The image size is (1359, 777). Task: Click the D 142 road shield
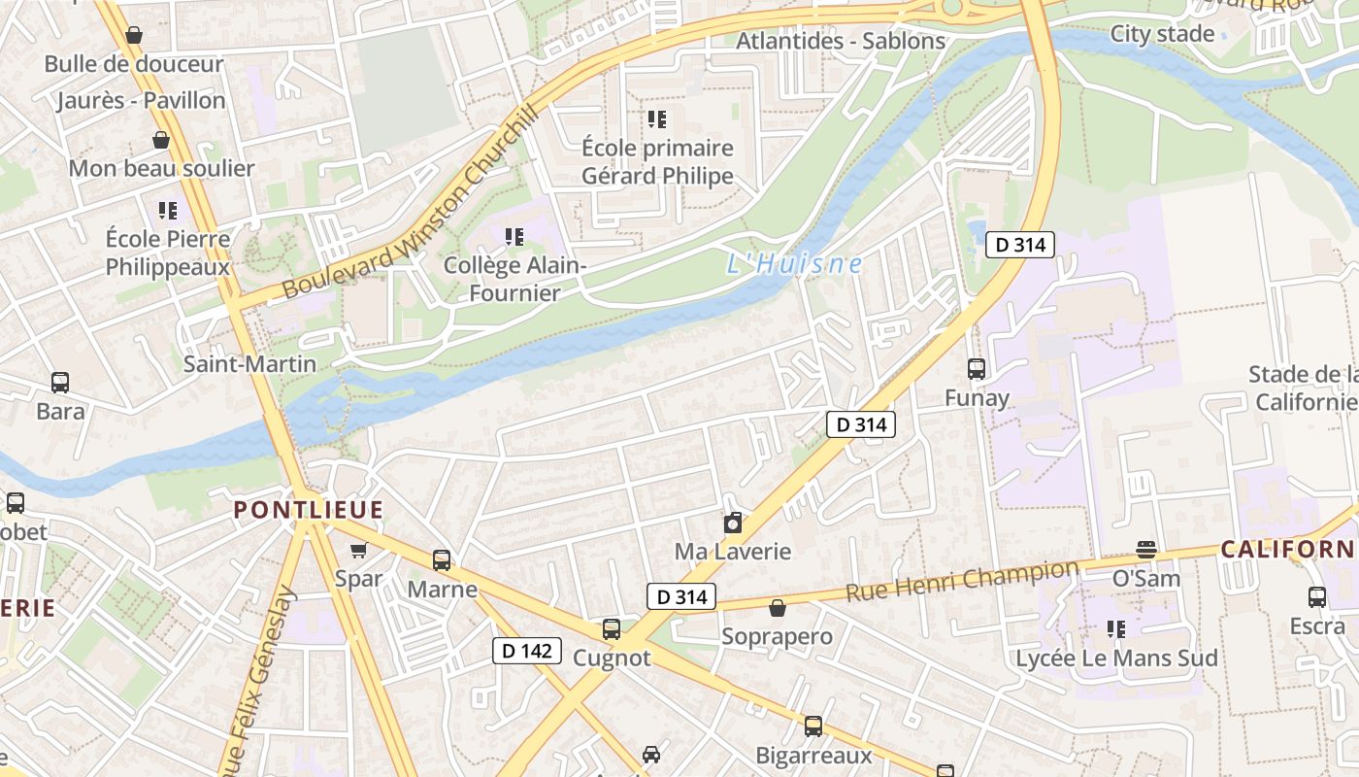[527, 650]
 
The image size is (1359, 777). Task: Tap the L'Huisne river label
[794, 263]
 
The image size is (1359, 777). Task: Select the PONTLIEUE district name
[309, 510]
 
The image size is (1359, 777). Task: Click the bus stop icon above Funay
[977, 369]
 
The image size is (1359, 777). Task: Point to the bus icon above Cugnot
[611, 628]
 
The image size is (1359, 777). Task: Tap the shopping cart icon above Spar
[358, 551]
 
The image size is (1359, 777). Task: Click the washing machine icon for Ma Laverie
[733, 523]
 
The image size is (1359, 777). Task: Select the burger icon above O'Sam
[1146, 550]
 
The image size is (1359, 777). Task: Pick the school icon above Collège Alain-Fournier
[514, 236]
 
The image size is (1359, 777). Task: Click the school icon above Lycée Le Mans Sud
[1116, 629]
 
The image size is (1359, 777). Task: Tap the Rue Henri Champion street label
[962, 580]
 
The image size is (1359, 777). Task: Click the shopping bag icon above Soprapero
[777, 608]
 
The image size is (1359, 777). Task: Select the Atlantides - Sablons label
[841, 41]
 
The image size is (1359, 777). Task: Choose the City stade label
[1162, 34]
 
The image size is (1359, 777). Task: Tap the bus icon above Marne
[442, 560]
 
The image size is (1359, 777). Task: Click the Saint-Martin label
[249, 364]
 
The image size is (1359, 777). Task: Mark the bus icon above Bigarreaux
[813, 726]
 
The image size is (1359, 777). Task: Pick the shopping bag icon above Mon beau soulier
[161, 140]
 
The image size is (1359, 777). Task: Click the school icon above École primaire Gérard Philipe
[657, 119]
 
